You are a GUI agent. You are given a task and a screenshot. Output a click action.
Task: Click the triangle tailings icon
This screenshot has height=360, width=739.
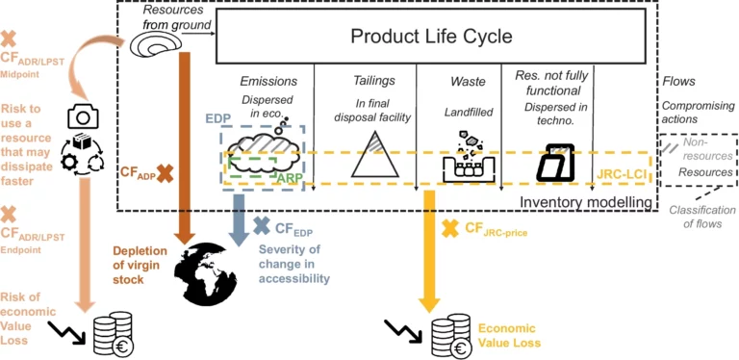click(x=375, y=154)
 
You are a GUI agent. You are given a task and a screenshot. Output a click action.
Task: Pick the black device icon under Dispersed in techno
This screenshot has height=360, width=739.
click(x=554, y=163)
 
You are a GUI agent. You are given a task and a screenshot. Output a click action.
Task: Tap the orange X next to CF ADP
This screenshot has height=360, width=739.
click(x=165, y=173)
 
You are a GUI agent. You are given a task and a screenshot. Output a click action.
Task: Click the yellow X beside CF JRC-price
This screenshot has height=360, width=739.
click(x=448, y=228)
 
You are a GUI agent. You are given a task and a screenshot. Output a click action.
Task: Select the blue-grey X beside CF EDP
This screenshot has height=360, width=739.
click(x=261, y=227)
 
